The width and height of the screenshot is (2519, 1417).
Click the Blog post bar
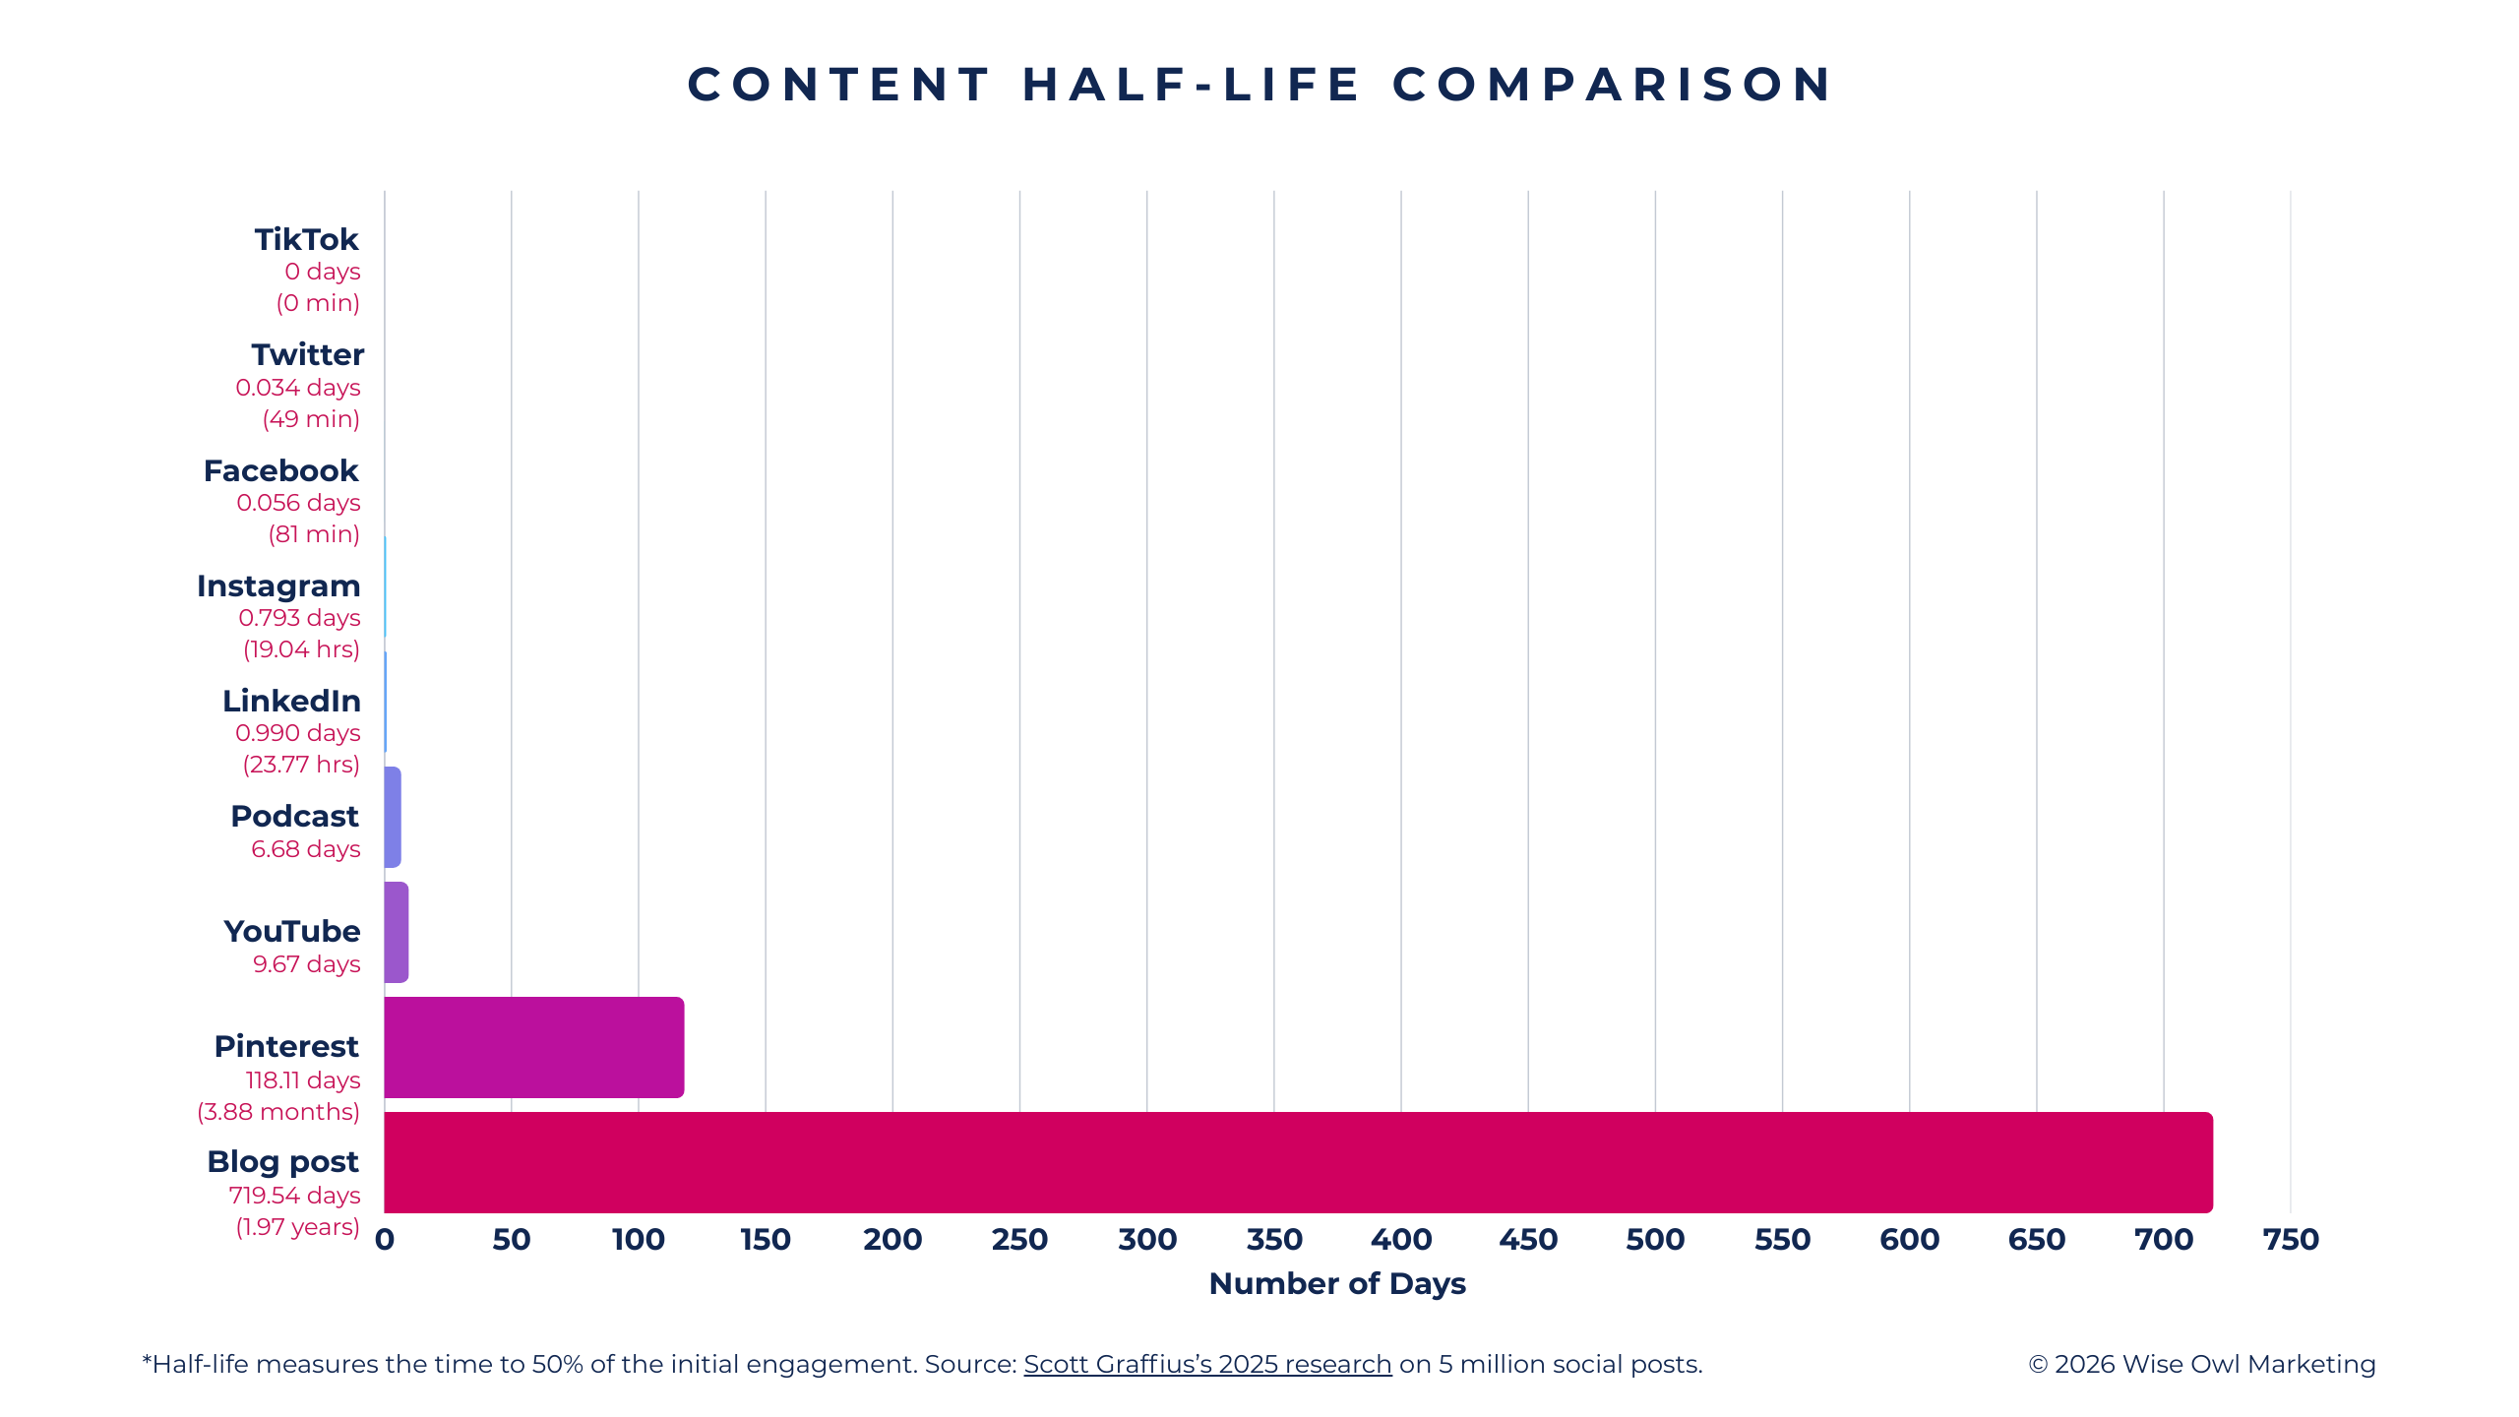1297,1162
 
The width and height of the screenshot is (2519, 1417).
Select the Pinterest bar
533,1047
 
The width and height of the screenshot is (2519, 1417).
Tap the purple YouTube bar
396,932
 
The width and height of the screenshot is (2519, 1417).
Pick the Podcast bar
393,817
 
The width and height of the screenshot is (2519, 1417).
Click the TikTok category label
306,239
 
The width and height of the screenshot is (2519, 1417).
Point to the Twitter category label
307,354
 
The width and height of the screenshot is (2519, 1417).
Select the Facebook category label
280,470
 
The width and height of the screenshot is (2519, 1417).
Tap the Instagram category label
278,585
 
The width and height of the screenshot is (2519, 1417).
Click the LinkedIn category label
291,701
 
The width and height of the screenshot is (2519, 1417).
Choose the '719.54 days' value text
294,1195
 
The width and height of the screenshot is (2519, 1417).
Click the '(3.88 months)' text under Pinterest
278,1111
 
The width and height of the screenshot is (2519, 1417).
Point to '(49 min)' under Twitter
311,418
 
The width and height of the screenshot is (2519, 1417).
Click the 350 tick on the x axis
1274,1239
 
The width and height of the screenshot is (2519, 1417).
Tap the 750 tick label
2291,1239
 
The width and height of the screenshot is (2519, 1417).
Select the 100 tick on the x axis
639,1239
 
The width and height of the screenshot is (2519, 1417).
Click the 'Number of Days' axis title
1337,1283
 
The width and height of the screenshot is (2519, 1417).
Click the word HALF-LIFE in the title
1192,85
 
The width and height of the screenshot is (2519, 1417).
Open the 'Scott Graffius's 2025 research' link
1207,1364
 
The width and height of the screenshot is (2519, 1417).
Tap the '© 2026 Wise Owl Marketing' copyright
2202,1364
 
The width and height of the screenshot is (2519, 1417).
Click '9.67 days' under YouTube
306,963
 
